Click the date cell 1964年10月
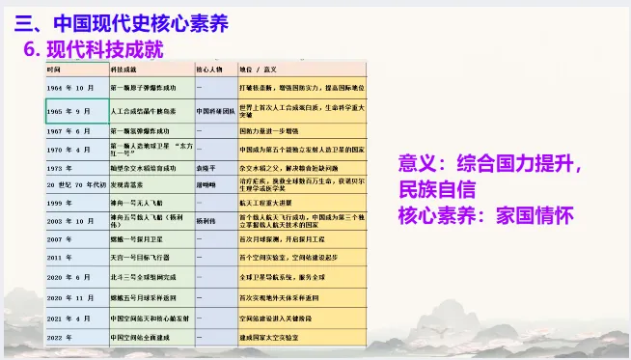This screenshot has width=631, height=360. (x=69, y=88)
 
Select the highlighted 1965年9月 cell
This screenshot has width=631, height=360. (x=70, y=111)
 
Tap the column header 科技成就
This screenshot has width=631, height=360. (x=123, y=70)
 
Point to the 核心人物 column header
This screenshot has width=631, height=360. (x=209, y=70)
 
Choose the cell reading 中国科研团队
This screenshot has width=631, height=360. (x=214, y=111)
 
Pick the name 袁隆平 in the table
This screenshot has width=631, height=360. (x=205, y=167)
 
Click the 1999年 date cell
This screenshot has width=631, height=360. (x=60, y=202)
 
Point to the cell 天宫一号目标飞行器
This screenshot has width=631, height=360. (x=142, y=258)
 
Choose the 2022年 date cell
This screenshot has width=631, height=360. (x=60, y=336)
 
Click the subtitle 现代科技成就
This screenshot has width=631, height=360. (x=105, y=47)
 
